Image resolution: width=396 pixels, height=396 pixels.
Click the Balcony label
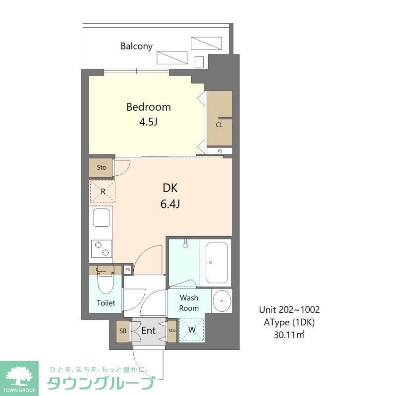pyautogui.click(x=136, y=46)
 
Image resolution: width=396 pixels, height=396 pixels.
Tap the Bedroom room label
pyautogui.click(x=148, y=107)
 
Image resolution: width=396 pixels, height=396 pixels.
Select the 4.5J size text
pyautogui.click(x=148, y=121)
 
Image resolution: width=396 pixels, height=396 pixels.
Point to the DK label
pyautogui.click(x=170, y=188)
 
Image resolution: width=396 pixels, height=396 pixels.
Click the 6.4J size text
pyautogui.click(x=170, y=203)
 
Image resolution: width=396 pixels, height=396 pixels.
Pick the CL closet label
pyautogui.click(x=219, y=125)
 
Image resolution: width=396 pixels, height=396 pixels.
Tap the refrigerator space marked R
pyautogui.click(x=103, y=191)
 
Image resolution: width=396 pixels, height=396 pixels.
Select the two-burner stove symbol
pyautogui.click(x=101, y=248)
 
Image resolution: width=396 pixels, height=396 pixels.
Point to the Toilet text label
pyautogui.click(x=106, y=303)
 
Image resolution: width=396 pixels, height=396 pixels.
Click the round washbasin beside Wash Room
pyautogui.click(x=222, y=300)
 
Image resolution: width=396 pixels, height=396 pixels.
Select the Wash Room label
pyautogui.click(x=189, y=303)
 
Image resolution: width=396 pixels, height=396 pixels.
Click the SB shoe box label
pyautogui.click(x=122, y=331)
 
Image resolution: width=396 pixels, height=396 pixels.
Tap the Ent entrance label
pyautogui.click(x=149, y=331)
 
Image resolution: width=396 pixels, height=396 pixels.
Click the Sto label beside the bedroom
pyautogui.click(x=102, y=167)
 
